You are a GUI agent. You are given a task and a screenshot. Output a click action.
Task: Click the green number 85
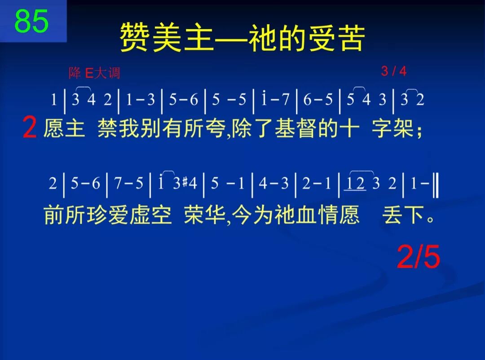click(31, 21)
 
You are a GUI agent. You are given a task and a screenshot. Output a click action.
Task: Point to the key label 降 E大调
click(94, 73)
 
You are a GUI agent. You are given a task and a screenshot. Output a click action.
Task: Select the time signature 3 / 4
click(393, 71)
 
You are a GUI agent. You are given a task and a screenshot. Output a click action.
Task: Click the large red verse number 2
click(30, 128)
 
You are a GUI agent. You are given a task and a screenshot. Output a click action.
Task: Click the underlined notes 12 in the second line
click(355, 184)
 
